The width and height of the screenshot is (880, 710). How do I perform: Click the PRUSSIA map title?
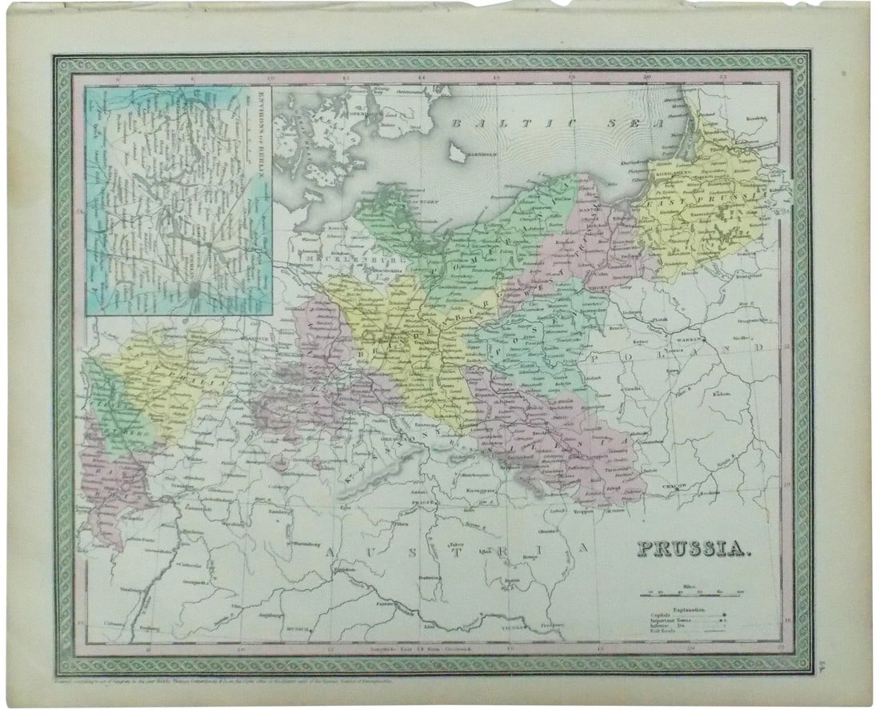(694, 549)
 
